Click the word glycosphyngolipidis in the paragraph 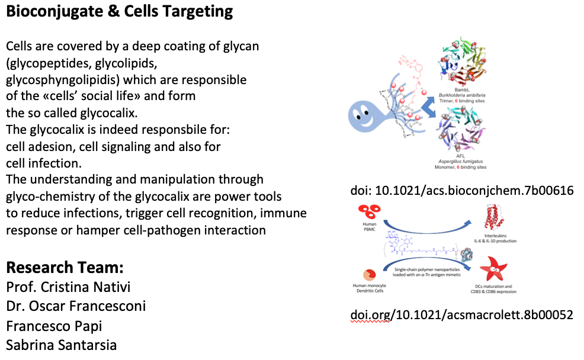coord(64,80)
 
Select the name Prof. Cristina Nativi coord(68,288)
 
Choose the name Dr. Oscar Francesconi coord(76,307)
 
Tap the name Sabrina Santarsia coord(62,345)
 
